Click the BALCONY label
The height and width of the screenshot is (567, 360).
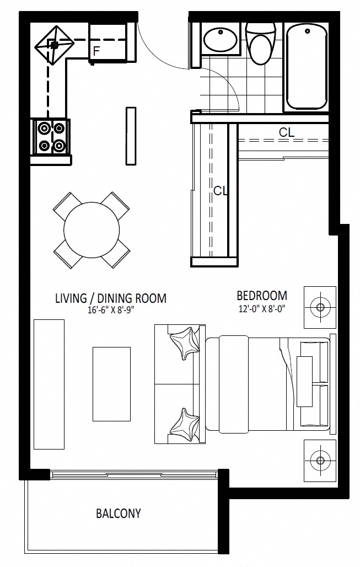(x=118, y=513)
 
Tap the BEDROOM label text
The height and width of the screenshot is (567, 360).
(x=262, y=296)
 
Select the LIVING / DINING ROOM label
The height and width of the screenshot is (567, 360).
(x=111, y=298)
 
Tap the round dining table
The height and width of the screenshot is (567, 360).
(x=92, y=229)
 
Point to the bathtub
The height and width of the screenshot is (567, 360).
(x=307, y=68)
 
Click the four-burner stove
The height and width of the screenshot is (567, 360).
(x=51, y=137)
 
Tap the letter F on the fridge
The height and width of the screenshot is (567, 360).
(x=96, y=51)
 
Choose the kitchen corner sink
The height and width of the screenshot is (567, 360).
(x=54, y=45)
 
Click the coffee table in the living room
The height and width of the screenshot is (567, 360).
(x=112, y=384)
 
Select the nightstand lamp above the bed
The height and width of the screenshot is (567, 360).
(x=320, y=307)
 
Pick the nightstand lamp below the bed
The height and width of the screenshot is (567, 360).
(x=320, y=461)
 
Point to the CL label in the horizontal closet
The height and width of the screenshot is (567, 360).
(x=287, y=132)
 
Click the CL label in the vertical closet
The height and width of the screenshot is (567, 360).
(x=221, y=191)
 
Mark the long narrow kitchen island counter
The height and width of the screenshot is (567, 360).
(x=131, y=136)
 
